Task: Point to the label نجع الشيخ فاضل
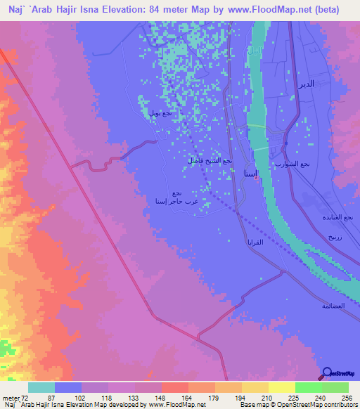pos(206,160)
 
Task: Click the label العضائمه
pos(333,306)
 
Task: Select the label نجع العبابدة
pos(344,216)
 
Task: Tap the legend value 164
pos(174,397)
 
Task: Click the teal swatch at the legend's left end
pos(41,387)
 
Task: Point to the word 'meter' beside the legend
pos(10,397)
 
